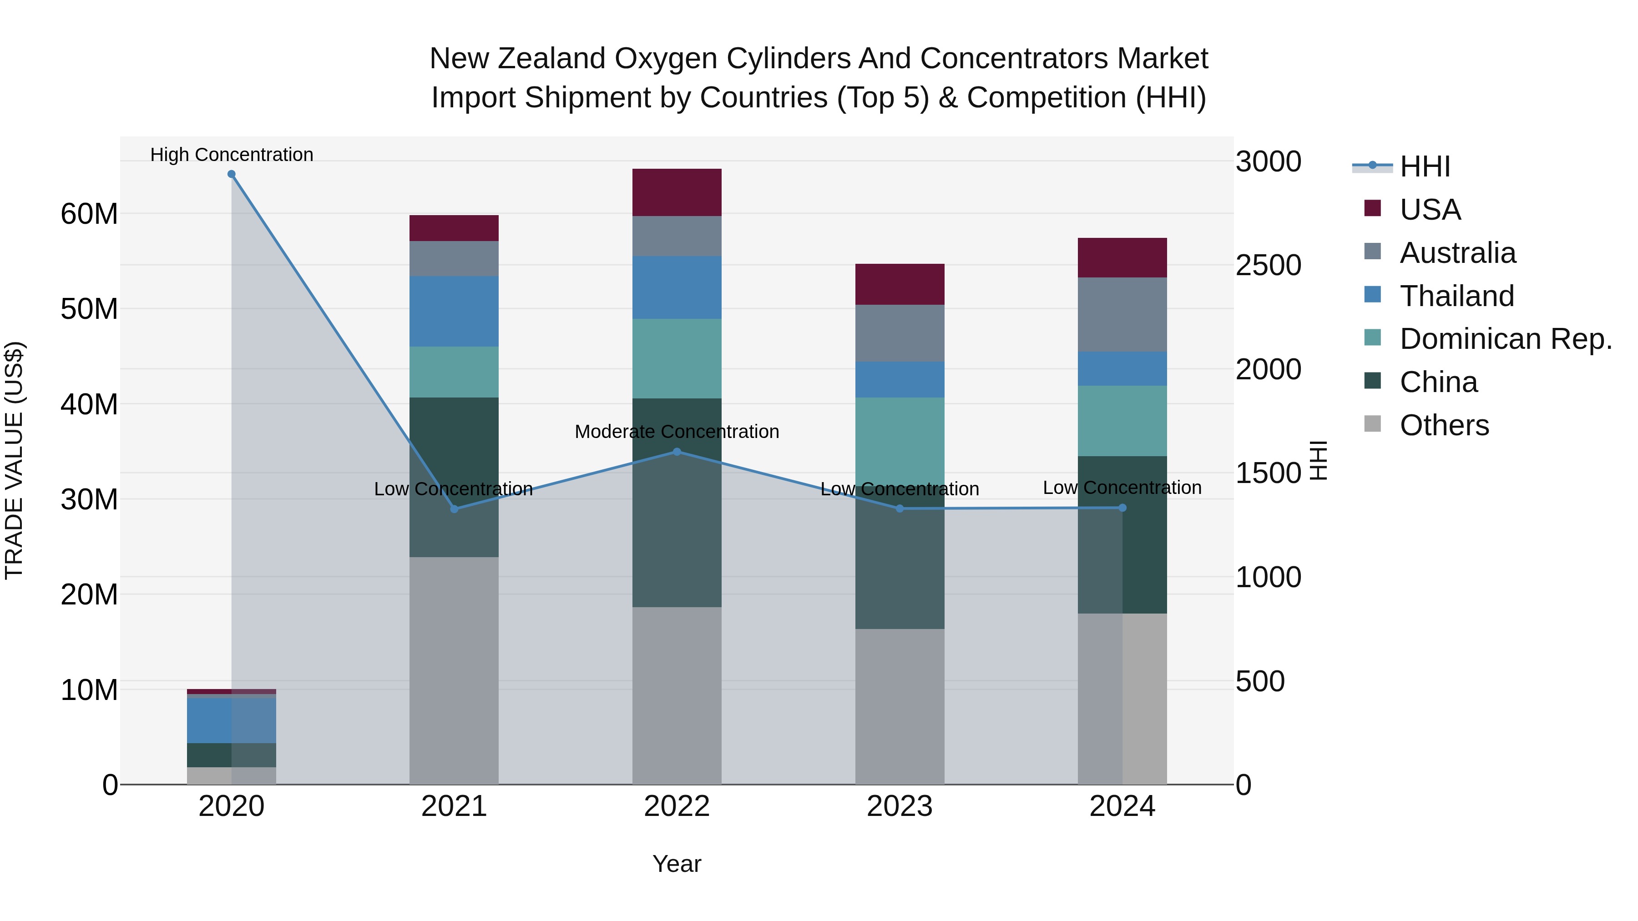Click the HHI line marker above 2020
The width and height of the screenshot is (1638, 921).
[232, 174]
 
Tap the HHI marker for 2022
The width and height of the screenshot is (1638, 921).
[677, 452]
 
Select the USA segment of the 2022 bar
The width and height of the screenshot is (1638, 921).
[677, 192]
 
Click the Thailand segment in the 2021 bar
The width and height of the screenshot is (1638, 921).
[454, 312]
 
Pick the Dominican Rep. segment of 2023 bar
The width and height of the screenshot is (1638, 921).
[899, 442]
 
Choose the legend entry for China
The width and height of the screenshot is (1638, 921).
[1438, 382]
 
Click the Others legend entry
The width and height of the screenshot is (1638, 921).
[1443, 425]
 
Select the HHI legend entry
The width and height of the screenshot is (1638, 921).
[1424, 166]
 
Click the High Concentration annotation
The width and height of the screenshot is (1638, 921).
[232, 155]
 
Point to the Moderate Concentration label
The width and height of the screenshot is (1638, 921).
[677, 432]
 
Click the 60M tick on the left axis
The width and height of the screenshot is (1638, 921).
[89, 214]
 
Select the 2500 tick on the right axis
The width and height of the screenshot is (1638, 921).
[1268, 266]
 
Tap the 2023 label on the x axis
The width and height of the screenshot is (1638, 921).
[899, 806]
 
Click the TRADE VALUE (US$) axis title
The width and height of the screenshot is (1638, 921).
[14, 460]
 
